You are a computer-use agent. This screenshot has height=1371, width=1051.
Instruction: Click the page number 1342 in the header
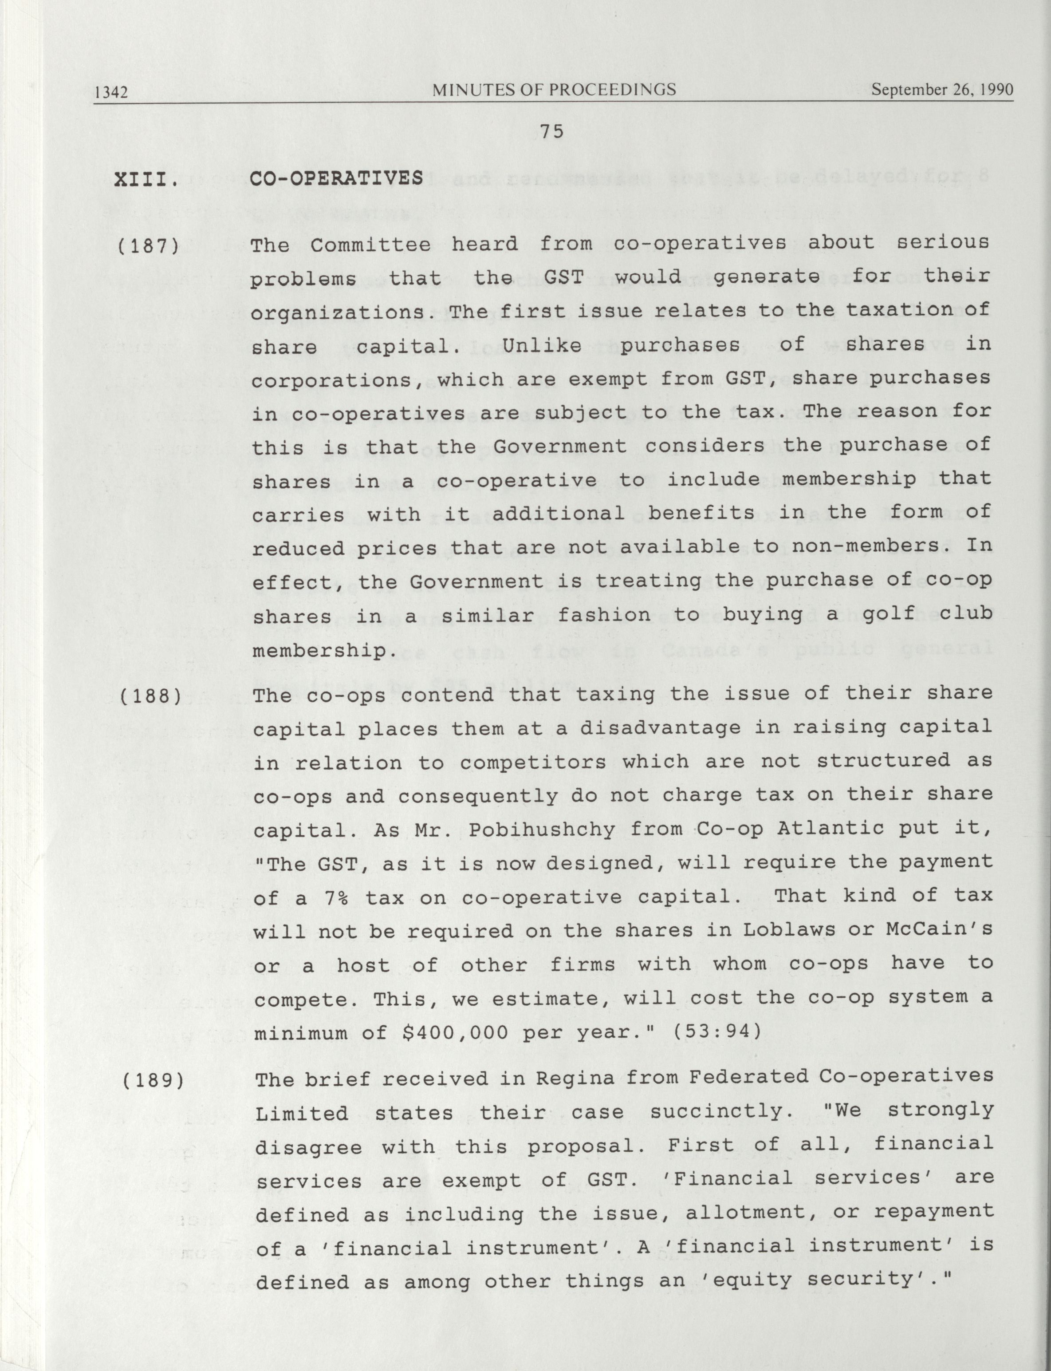tap(111, 93)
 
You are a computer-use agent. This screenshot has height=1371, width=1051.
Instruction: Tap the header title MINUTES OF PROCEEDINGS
tap(554, 90)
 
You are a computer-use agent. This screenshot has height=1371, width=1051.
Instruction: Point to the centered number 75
tap(552, 131)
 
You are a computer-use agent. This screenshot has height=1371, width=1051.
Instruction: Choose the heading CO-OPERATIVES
tap(337, 178)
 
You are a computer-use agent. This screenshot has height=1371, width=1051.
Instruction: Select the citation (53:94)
tap(717, 1031)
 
